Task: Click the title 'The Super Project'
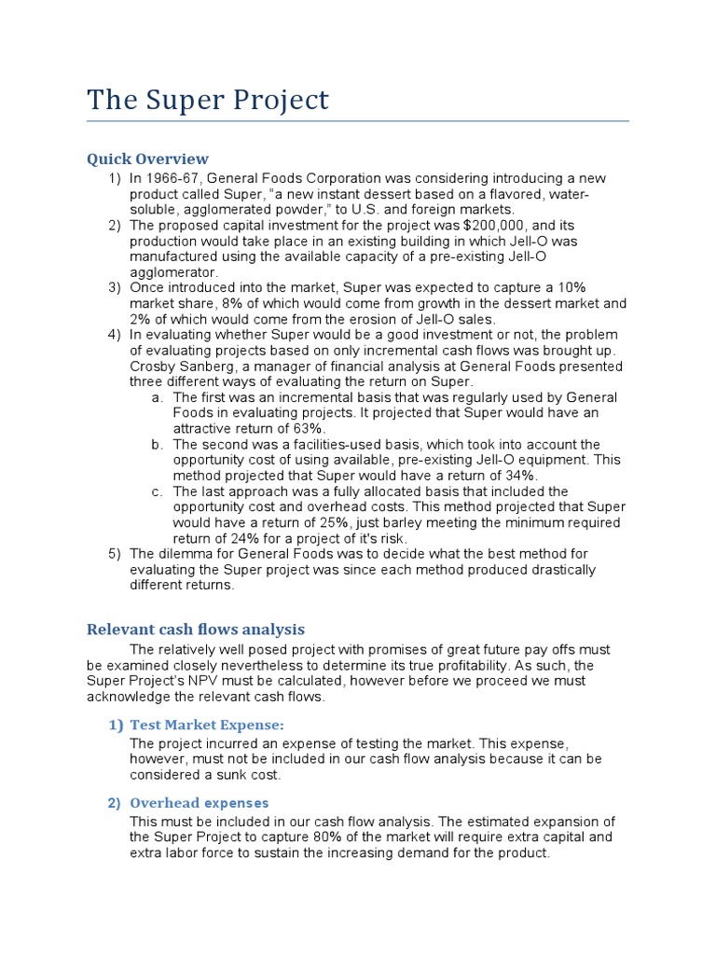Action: tap(207, 100)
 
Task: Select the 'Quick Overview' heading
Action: tap(147, 159)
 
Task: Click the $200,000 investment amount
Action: tap(495, 225)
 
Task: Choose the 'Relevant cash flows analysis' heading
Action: tap(196, 630)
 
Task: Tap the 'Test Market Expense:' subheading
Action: tap(207, 725)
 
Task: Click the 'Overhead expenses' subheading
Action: tap(200, 802)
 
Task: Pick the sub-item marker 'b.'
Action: tap(157, 444)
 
